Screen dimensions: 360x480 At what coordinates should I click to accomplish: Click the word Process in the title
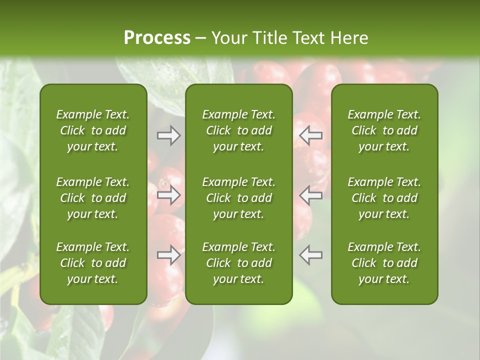pos(157,38)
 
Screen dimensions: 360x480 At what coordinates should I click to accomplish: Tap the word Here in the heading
pos(348,38)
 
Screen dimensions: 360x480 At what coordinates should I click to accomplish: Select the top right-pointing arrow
pos(169,135)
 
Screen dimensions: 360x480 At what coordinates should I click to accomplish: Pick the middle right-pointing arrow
pos(169,194)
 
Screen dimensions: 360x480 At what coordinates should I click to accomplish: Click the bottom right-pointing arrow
pos(169,254)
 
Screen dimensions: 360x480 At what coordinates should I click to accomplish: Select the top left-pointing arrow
pos(310,135)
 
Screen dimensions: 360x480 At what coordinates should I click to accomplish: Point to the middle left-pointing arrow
pos(310,194)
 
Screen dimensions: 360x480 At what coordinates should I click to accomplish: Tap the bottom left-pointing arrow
pos(310,254)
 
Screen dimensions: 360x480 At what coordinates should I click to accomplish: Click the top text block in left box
pos(93,130)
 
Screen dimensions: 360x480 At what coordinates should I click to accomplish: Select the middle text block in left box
pos(93,198)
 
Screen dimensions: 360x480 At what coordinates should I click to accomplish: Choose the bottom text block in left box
pos(93,263)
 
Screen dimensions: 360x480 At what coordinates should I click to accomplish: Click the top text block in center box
pos(238,130)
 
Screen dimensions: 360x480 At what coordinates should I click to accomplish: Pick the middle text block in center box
pos(238,198)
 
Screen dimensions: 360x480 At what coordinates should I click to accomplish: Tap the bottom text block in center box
pos(238,263)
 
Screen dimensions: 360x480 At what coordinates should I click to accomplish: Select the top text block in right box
pos(384,130)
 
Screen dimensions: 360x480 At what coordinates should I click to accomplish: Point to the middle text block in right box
pos(384,198)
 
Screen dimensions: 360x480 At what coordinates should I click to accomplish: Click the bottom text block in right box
pos(384,263)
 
